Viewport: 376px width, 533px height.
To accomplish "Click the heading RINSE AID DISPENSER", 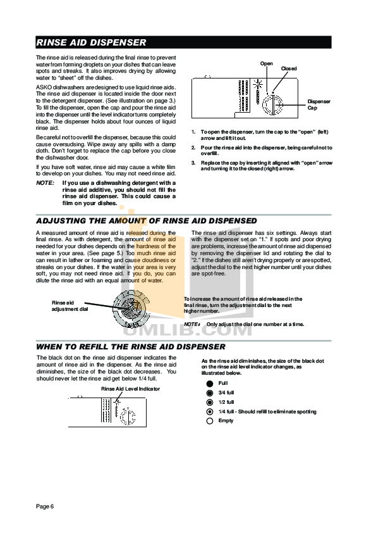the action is pyautogui.click(x=92, y=43).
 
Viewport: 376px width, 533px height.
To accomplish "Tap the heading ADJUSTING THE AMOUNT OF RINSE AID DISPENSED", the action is pyautogui.click(x=147, y=220).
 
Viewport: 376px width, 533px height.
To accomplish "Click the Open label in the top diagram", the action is pyautogui.click(x=266, y=64).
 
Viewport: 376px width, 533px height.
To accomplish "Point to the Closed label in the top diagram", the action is pyautogui.click(x=289, y=68).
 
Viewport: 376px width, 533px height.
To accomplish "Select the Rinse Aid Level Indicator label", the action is pyautogui.click(x=131, y=389).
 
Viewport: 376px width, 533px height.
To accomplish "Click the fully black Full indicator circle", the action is pyautogui.click(x=209, y=384).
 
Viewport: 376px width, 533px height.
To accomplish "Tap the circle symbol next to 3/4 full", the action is pyautogui.click(x=209, y=393).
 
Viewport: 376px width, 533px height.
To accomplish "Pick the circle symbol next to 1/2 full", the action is pyautogui.click(x=209, y=402).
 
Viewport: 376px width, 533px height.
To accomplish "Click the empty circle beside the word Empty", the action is pyautogui.click(x=209, y=421).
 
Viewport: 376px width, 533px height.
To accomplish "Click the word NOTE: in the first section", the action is pyautogui.click(x=45, y=183).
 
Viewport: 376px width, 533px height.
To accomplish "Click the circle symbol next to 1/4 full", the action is pyautogui.click(x=209, y=411).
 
